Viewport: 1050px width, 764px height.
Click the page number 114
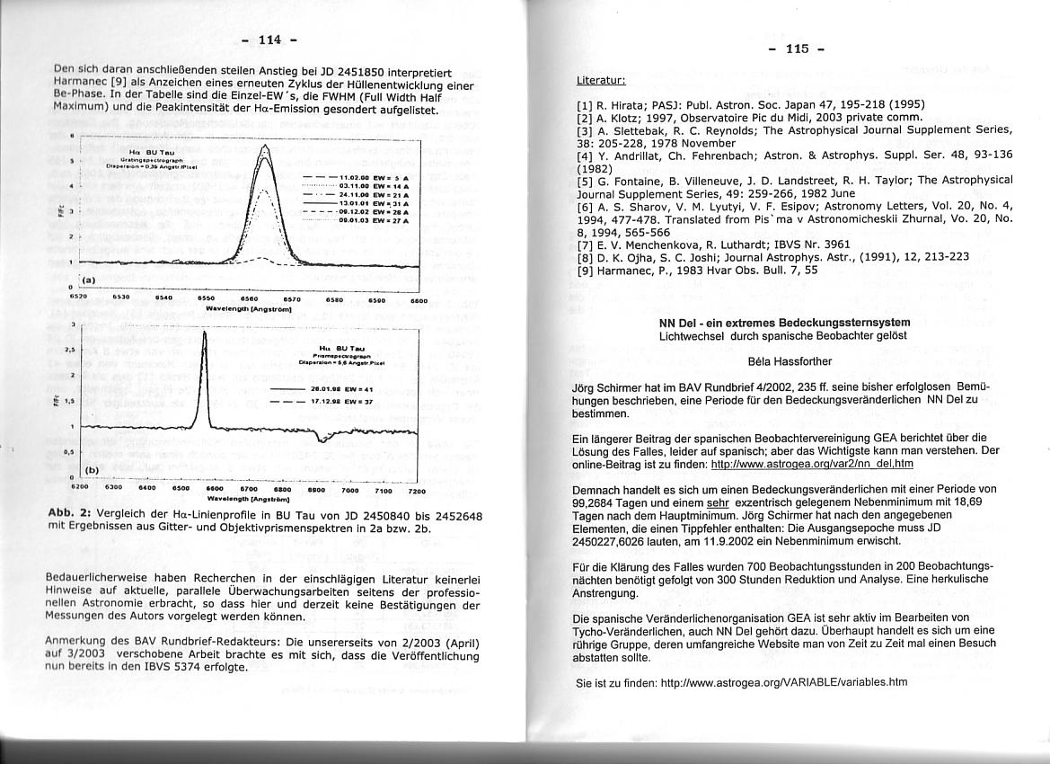pyautogui.click(x=269, y=40)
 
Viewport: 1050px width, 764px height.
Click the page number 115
pyautogui.click(x=797, y=49)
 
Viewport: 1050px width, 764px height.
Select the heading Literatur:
pyautogui.click(x=601, y=81)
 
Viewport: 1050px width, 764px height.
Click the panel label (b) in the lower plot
pyautogui.click(x=92, y=470)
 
